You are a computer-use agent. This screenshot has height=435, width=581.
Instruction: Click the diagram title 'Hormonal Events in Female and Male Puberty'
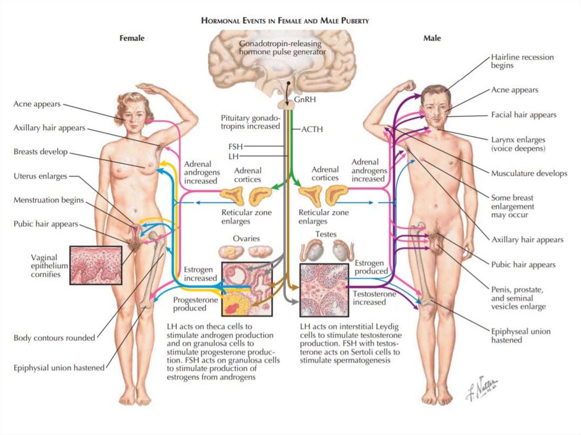click(285, 21)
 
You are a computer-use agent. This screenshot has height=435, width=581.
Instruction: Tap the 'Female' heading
click(132, 39)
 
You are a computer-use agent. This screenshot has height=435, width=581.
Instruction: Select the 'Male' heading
click(432, 39)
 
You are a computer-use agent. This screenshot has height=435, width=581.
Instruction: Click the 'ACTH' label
click(311, 129)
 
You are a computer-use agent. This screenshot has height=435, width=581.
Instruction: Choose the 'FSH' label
click(235, 146)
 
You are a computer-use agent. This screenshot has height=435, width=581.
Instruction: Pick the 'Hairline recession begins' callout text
click(522, 61)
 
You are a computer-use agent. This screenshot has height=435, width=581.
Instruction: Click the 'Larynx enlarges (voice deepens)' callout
click(518, 143)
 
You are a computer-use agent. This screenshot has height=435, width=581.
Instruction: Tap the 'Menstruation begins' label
click(49, 200)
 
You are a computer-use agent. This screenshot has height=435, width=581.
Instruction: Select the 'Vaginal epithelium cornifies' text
click(49, 266)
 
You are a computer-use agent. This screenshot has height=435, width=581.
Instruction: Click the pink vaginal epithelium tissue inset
click(95, 265)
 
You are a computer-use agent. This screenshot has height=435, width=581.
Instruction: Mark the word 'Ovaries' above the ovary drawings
click(246, 239)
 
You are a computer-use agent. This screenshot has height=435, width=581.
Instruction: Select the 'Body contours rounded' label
click(54, 338)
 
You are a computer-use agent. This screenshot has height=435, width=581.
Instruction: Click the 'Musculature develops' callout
click(529, 174)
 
